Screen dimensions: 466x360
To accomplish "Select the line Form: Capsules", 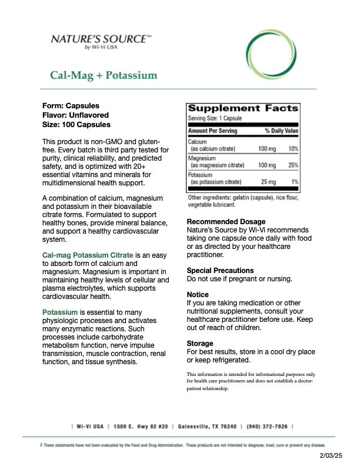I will point(71,105).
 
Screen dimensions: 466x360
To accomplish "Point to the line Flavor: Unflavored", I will point(75,115).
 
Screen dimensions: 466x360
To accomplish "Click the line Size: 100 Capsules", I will point(76,125).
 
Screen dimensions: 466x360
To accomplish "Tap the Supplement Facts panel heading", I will point(242,108).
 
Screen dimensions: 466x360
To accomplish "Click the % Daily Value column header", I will point(281,131).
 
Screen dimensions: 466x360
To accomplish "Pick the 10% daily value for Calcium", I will point(293,149).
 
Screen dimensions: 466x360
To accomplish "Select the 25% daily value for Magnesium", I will point(293,165).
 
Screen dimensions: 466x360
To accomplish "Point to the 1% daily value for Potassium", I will point(294,182).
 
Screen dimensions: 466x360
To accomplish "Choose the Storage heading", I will point(200,343).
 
